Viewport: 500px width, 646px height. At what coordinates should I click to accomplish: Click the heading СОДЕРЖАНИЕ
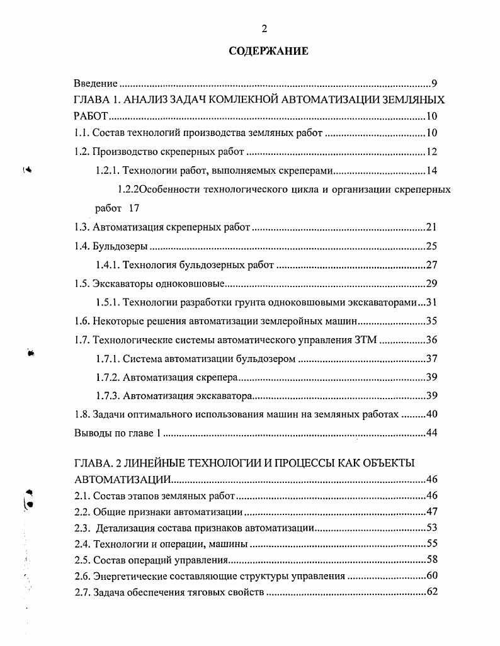(268, 51)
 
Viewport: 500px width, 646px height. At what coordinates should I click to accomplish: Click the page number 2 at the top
(264, 28)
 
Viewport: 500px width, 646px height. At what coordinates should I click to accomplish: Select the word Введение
(96, 83)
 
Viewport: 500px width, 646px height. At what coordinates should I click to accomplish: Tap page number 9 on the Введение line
(434, 83)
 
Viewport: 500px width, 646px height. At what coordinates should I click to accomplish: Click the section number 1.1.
(81, 133)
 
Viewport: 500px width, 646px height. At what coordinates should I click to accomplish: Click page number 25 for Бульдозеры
(431, 246)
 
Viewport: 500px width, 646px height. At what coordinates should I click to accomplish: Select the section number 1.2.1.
(107, 171)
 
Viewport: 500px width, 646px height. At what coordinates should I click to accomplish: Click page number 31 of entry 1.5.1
(431, 302)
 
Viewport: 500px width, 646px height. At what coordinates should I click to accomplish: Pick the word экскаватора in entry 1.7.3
(225, 396)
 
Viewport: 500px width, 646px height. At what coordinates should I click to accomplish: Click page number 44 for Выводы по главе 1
(431, 433)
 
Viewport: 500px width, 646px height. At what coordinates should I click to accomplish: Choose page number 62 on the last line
(431, 592)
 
